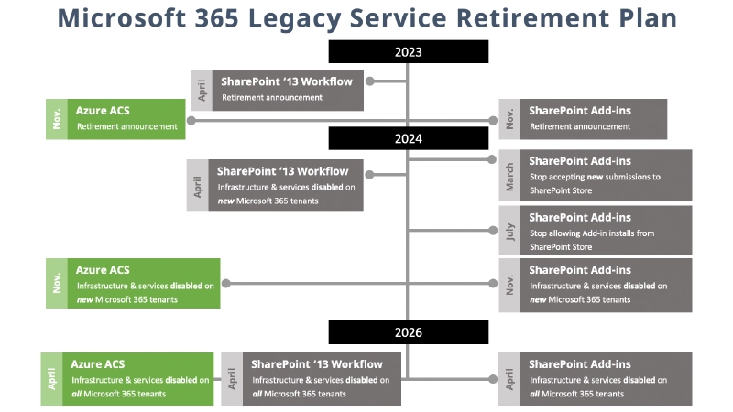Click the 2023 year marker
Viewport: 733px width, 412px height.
coord(409,52)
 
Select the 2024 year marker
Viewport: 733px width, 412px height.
coord(409,138)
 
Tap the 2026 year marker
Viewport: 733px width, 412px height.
coord(409,332)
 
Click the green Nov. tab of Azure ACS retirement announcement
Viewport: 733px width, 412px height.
coord(57,119)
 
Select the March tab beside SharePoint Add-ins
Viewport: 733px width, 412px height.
coord(509,176)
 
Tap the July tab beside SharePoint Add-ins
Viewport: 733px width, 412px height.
coord(509,230)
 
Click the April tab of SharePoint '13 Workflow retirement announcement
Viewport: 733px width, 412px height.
coord(202,90)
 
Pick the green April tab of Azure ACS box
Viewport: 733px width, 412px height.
coord(51,379)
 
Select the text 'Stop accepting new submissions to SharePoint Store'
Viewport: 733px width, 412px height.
coord(594,183)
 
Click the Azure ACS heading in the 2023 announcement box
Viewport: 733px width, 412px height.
coord(103,110)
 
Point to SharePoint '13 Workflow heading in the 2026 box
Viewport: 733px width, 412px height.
coord(317,364)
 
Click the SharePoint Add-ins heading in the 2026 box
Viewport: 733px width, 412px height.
coord(580,364)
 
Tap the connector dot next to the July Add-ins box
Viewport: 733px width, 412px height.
coord(491,230)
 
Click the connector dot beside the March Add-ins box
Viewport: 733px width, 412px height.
coord(491,159)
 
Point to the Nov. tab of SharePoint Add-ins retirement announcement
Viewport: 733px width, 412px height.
coord(509,119)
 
